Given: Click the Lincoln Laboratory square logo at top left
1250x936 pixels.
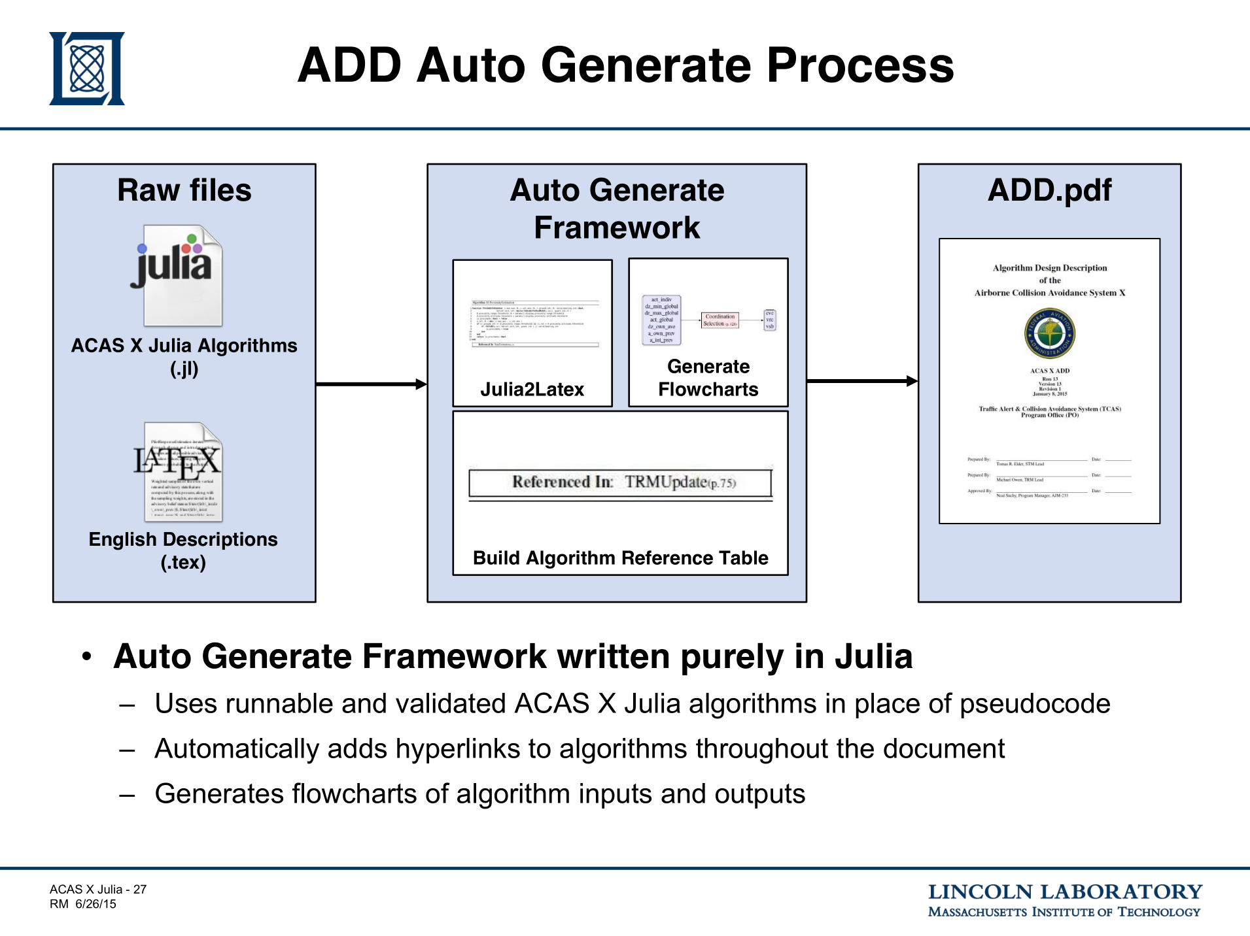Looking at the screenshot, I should click(87, 69).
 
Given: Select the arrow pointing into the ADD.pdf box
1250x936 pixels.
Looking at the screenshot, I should click(862, 380).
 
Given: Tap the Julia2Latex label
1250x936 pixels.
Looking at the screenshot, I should click(532, 390).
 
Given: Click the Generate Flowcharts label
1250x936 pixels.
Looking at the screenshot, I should click(708, 378).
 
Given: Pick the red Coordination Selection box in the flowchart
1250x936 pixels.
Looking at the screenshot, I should click(720, 320).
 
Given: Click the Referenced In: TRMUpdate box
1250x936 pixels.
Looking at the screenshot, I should click(620, 483).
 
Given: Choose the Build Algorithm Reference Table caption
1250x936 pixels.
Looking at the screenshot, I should click(620, 558).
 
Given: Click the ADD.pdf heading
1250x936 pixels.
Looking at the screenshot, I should click(1049, 190).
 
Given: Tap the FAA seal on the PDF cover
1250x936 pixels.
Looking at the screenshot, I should click(1049, 333).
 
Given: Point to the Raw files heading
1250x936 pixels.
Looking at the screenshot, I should click(184, 190).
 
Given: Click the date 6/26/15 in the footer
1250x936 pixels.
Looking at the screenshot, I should click(95, 904).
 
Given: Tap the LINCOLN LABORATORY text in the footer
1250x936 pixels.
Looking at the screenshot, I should click(1064, 892).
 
